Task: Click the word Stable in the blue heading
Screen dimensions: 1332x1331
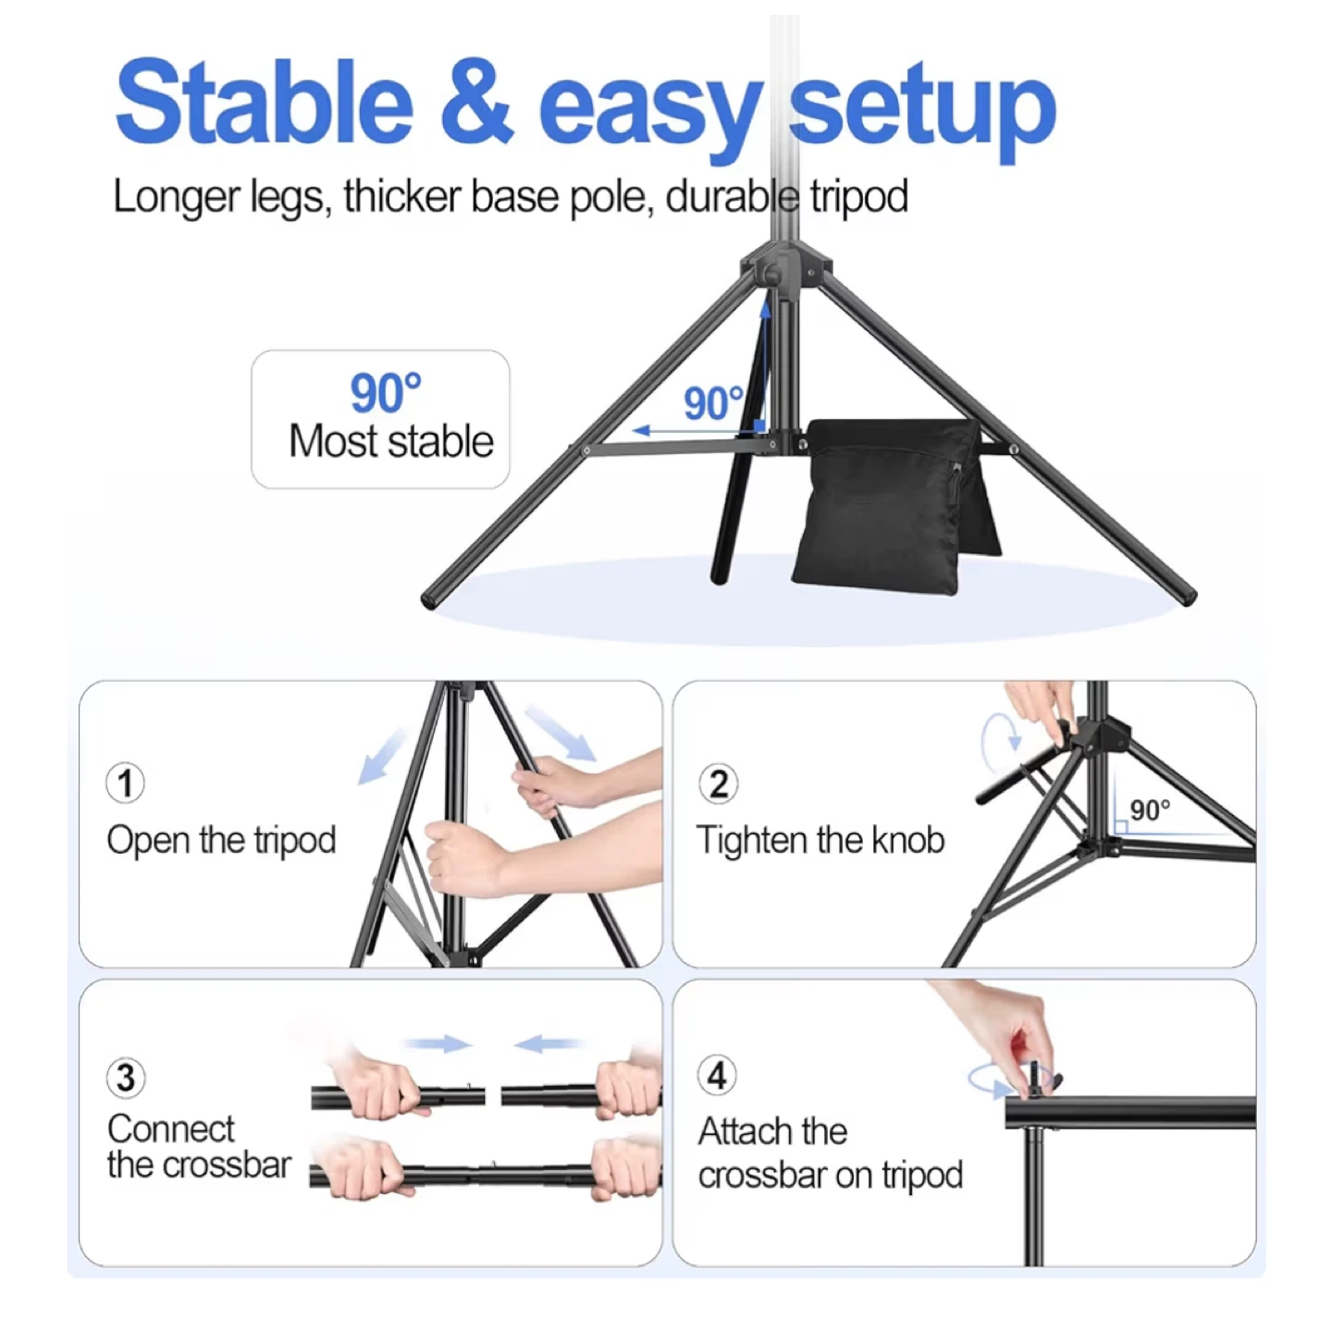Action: pos(264,104)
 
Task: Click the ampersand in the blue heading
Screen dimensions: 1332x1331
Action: pos(477,104)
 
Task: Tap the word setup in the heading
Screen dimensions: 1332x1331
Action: pos(923,111)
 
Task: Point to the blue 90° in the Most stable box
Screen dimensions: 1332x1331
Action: pos(385,393)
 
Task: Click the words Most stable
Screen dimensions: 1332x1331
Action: pos(390,441)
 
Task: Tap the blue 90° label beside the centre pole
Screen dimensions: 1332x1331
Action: pos(713,403)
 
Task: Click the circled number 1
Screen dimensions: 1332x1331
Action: pos(125,783)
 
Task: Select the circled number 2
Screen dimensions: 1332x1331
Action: pos(718,783)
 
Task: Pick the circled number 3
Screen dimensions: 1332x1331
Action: pos(126,1078)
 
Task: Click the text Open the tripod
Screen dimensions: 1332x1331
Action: pos(221,841)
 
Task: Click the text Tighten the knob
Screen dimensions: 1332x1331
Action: pos(820,840)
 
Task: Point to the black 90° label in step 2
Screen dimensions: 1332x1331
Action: pos(1150,809)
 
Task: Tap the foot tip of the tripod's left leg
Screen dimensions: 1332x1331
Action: pos(431,599)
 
